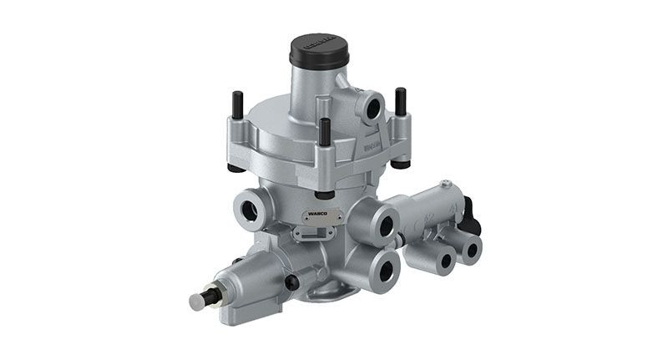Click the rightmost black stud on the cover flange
tap(400, 105)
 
